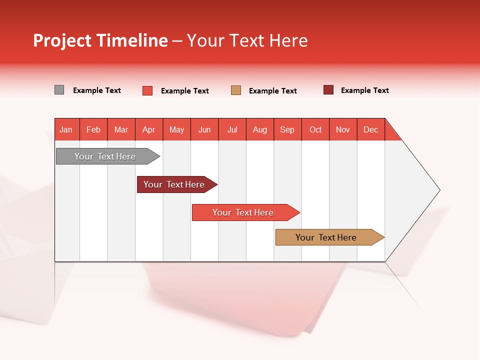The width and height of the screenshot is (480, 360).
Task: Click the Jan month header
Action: [x=66, y=129]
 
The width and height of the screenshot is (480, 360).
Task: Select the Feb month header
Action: [x=93, y=129]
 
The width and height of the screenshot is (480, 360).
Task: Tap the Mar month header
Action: [x=121, y=129]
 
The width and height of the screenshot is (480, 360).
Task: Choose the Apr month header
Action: [x=149, y=129]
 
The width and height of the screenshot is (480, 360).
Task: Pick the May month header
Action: [x=176, y=129]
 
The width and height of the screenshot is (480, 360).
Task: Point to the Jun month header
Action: [x=204, y=129]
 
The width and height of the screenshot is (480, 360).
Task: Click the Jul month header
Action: [x=232, y=129]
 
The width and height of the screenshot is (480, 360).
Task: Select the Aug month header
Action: [x=260, y=129]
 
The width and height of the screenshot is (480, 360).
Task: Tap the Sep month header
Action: [x=287, y=129]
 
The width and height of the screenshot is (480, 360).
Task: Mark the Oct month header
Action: [x=315, y=129]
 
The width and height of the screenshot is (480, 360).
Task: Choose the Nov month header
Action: [x=343, y=129]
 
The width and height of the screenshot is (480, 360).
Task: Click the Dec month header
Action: [x=371, y=129]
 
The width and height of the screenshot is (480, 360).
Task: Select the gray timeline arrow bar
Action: [x=105, y=156]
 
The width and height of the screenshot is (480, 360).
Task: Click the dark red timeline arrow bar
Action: [x=174, y=184]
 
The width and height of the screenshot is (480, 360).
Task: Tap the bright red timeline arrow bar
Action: [x=243, y=212]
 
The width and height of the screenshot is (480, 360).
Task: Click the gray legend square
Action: [x=59, y=90]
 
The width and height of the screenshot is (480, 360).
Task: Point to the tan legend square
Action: [x=236, y=90]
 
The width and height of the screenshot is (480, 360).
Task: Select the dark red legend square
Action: [x=328, y=90]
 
